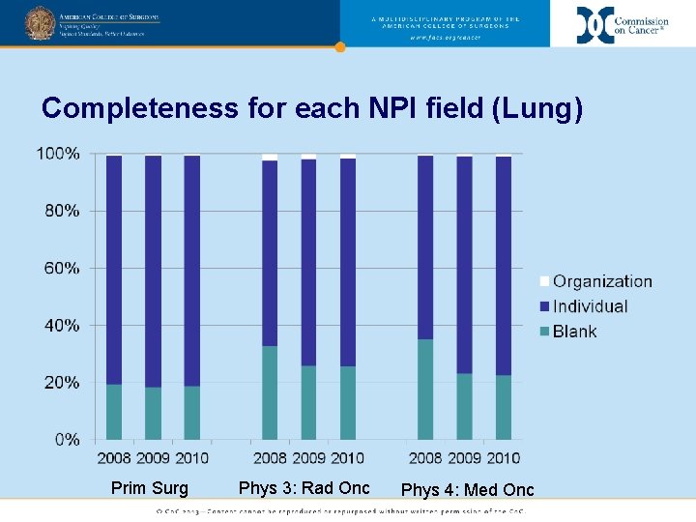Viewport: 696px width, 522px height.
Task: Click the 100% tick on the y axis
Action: pyautogui.click(x=58, y=154)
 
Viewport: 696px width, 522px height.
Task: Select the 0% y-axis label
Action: pyautogui.click(x=66, y=440)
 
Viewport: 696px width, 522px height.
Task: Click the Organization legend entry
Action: pyautogui.click(x=601, y=281)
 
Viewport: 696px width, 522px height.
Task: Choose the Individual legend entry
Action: pyautogui.click(x=589, y=306)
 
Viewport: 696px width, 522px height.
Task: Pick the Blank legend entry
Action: pyautogui.click(x=574, y=332)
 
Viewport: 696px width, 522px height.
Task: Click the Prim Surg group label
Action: pyautogui.click(x=150, y=488)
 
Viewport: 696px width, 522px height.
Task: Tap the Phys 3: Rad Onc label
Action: pyautogui.click(x=304, y=488)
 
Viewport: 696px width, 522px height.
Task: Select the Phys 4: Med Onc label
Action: pyautogui.click(x=467, y=489)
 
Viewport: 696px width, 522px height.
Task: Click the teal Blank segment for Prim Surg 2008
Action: pyautogui.click(x=114, y=412)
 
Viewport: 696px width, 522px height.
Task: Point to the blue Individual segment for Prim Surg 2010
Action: pyautogui.click(x=192, y=271)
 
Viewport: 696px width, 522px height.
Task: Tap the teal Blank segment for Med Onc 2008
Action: pyautogui.click(x=425, y=390)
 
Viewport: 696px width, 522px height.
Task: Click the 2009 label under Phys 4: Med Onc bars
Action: pyautogui.click(x=464, y=457)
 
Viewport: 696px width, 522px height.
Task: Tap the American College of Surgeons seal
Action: pyautogui.click(x=40, y=23)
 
